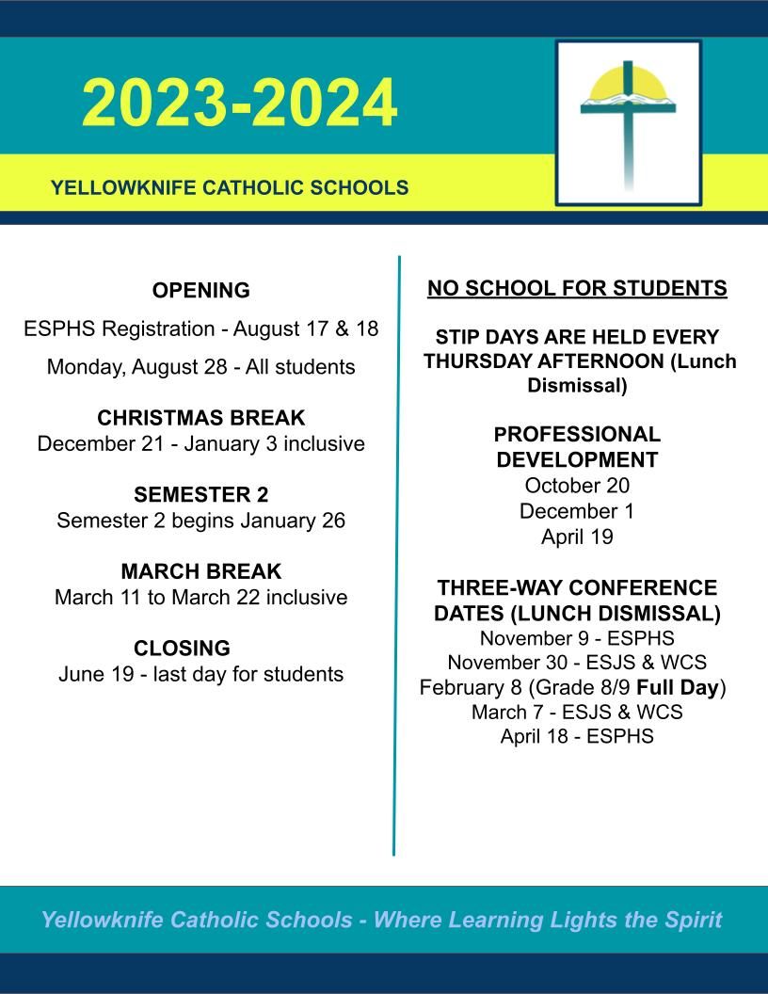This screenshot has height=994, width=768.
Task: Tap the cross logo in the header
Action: point(628,121)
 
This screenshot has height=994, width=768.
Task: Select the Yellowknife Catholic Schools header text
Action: point(230,187)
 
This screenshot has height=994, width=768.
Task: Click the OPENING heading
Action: point(200,291)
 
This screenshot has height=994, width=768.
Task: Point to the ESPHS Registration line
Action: point(200,329)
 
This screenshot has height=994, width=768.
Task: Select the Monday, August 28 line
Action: point(200,367)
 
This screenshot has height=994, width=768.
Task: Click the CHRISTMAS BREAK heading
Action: point(200,418)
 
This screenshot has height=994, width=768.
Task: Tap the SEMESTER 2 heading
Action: point(200,495)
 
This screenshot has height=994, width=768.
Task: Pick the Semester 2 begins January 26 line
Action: point(200,521)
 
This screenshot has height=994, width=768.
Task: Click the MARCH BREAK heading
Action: point(200,572)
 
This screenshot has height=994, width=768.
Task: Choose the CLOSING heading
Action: point(182,649)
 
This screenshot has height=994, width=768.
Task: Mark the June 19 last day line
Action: point(200,675)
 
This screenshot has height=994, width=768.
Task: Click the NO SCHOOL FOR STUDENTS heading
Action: point(577,288)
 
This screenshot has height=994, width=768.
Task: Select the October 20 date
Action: point(577,486)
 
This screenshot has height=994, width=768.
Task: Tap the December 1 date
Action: point(577,511)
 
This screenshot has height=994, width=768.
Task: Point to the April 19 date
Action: point(577,537)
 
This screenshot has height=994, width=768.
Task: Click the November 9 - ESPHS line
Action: point(577,638)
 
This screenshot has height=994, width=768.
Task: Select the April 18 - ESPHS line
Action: point(577,736)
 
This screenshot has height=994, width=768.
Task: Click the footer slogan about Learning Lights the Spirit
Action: point(381,920)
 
